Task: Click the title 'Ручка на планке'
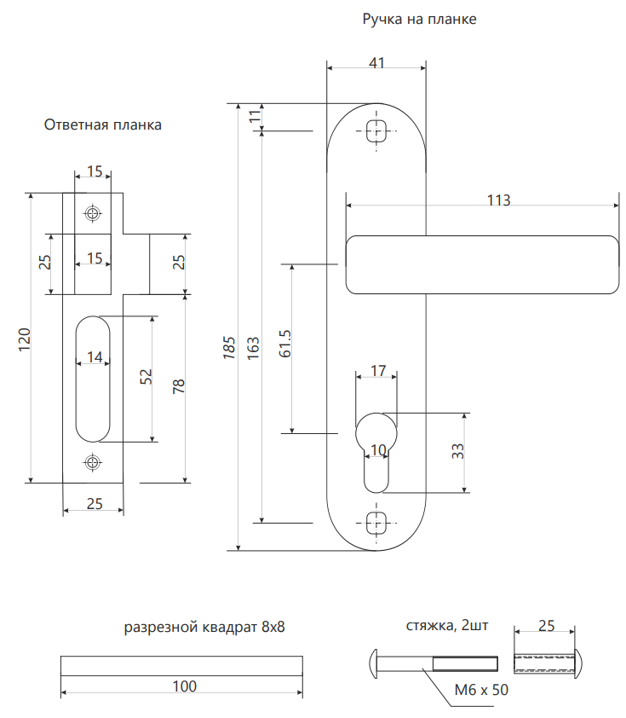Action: click(x=420, y=19)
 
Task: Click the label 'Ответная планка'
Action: click(x=102, y=124)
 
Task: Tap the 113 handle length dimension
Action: click(x=498, y=200)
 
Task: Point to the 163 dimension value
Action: click(x=253, y=346)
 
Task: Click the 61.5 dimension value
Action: click(x=285, y=345)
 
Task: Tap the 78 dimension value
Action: click(x=178, y=386)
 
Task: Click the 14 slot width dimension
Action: click(x=95, y=356)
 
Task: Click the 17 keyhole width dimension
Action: click(x=376, y=371)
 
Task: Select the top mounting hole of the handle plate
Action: click(x=376, y=130)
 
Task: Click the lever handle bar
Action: click(x=481, y=264)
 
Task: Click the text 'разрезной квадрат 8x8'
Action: click(x=204, y=628)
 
